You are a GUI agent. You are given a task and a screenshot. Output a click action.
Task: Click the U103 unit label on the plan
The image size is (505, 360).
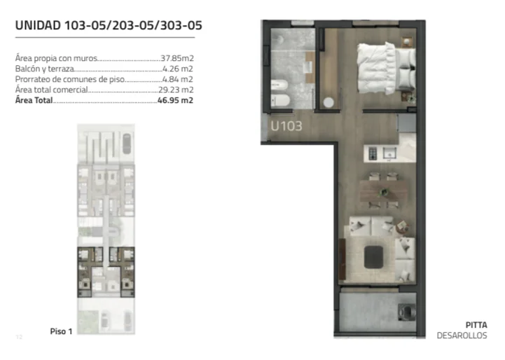pyautogui.click(x=286, y=126)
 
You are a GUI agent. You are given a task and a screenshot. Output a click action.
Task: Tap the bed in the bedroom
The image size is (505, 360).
pyautogui.click(x=387, y=68)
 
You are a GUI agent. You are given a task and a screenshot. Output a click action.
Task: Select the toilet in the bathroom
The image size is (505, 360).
pyautogui.click(x=280, y=100)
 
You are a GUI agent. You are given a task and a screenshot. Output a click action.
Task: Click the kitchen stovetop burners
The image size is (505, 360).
pyautogui.click(x=373, y=153)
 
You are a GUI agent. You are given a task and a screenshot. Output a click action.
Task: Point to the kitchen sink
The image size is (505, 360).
pyautogui.click(x=389, y=153)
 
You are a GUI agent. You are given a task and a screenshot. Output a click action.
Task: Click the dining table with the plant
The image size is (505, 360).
pyautogui.click(x=383, y=191)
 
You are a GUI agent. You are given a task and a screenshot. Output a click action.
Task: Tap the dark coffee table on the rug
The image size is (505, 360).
pyautogui.click(x=373, y=257)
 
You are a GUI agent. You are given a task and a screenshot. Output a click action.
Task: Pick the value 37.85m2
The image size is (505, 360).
pyautogui.click(x=177, y=58)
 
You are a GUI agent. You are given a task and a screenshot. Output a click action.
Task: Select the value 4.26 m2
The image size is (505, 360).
pyautogui.click(x=178, y=69)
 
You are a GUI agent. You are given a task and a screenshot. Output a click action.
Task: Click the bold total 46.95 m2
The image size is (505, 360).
pyautogui.click(x=176, y=100)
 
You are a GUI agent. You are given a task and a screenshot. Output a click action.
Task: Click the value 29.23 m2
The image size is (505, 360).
pyautogui.click(x=176, y=90)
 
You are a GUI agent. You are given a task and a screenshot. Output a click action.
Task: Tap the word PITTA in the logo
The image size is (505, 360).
pyautogui.click(x=476, y=325)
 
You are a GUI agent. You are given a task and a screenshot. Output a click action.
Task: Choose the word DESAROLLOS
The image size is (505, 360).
pyautogui.click(x=462, y=335)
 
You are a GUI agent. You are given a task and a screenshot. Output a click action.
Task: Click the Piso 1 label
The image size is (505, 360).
pyautogui.click(x=61, y=331)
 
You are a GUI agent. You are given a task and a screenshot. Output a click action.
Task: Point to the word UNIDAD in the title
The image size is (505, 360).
pyautogui.click(x=38, y=25)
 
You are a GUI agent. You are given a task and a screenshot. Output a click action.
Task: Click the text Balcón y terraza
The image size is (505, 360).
pyautogui.click(x=45, y=69)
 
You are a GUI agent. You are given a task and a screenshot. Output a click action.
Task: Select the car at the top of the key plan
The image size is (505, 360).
pyautogui.click(x=127, y=144)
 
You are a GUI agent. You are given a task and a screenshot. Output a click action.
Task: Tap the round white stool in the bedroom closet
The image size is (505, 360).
pyautogui.click(x=328, y=102)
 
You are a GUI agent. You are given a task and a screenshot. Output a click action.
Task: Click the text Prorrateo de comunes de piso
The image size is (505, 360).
pyautogui.click(x=70, y=79)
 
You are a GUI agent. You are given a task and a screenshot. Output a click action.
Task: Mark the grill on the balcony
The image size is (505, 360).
pyautogui.click(x=406, y=312)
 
